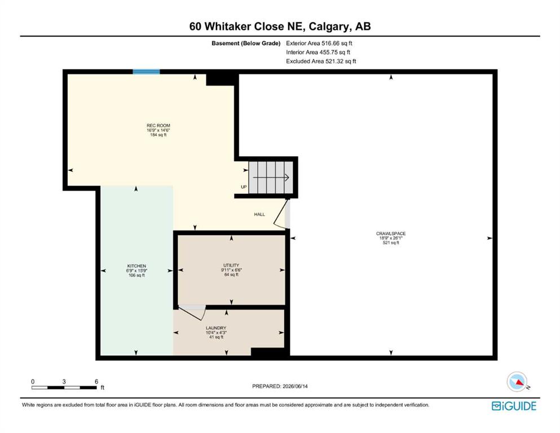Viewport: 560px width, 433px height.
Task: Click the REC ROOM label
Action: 158,126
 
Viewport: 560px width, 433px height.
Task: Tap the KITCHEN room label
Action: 137,266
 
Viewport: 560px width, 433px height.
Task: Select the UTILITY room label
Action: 231,265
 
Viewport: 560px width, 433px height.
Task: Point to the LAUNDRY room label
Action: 216,328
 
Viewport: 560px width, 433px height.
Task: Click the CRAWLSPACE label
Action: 391,233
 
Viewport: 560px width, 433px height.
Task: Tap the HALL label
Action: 259,215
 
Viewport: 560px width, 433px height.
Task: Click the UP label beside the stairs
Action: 244,187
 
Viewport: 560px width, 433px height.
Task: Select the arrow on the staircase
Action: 271,178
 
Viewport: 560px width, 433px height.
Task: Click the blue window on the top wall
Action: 147,72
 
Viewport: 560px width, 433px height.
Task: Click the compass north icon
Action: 517,382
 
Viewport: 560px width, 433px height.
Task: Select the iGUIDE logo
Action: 514,407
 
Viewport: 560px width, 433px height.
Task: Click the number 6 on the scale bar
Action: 96,382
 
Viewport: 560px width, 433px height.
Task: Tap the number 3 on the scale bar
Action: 64,382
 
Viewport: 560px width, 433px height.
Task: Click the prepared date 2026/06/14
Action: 295,386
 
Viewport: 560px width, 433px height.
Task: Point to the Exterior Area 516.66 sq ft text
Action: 319,43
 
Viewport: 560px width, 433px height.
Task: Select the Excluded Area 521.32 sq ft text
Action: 321,61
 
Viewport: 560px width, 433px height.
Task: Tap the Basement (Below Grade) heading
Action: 246,43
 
